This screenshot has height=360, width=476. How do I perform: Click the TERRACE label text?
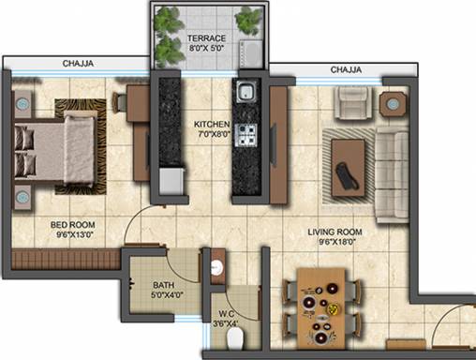[206, 38]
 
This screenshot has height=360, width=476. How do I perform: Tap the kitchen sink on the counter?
[246, 91]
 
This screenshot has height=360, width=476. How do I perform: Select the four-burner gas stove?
[246, 135]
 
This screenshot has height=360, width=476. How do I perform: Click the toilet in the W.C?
[235, 339]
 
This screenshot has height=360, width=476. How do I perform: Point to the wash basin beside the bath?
[216, 268]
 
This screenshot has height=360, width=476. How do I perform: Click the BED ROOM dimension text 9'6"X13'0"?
[75, 234]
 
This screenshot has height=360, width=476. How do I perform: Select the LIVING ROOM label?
[335, 232]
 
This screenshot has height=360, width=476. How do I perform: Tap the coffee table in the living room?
[348, 168]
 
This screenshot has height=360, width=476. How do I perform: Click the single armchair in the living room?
[353, 102]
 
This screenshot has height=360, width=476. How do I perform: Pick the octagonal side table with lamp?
[393, 104]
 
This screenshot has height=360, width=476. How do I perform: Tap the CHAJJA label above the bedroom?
[78, 64]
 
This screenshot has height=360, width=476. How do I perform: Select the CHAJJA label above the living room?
[346, 69]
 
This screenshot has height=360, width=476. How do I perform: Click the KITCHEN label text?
[212, 124]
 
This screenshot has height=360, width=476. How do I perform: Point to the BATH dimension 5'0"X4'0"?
[167, 294]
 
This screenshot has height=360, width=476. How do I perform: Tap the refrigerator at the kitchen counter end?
[171, 180]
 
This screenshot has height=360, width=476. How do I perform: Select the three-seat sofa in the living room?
[392, 175]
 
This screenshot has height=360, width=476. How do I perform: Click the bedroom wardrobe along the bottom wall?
[67, 259]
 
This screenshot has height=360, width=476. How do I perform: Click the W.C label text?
[226, 313]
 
